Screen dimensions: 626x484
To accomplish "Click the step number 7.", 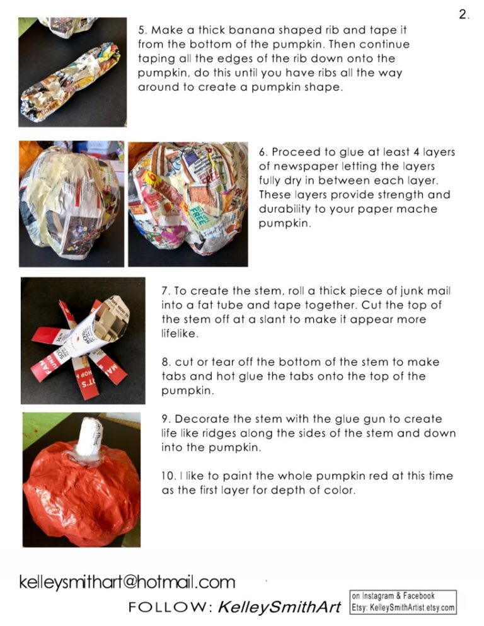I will [x=166, y=292].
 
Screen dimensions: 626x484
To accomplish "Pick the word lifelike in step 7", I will [x=180, y=334].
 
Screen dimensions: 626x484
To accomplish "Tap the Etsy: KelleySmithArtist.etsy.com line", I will [x=403, y=608].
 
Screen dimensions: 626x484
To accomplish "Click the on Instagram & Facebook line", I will [x=393, y=596].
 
